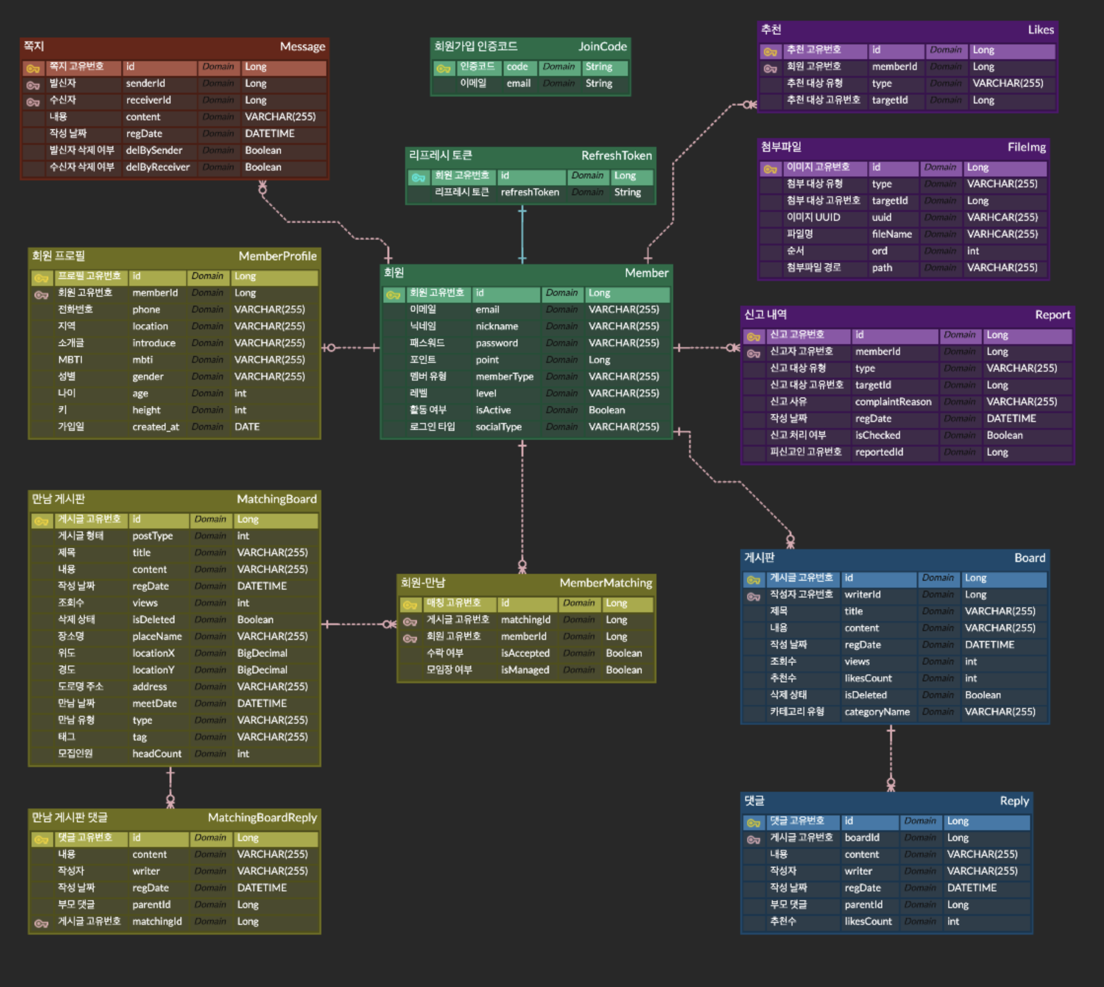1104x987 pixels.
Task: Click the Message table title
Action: click(x=302, y=47)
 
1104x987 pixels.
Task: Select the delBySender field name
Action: click(x=154, y=150)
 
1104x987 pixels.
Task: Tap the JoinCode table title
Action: click(x=602, y=47)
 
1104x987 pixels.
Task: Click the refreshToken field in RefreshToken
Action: click(x=530, y=192)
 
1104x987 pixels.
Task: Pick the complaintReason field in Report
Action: click(x=893, y=402)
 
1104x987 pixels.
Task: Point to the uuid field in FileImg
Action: click(x=882, y=217)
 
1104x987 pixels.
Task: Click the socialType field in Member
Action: click(x=498, y=427)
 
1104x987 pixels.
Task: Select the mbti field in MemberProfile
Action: click(x=142, y=359)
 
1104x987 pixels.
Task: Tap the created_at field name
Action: click(x=156, y=427)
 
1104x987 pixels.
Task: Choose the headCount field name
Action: click(x=157, y=754)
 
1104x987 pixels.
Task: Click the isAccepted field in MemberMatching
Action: click(x=525, y=653)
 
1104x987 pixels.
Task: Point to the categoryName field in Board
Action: click(x=877, y=711)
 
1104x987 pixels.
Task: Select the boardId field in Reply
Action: click(x=862, y=838)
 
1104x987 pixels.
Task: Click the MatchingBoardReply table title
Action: click(x=262, y=817)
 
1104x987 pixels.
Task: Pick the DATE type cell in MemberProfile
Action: click(x=247, y=427)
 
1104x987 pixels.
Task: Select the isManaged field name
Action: click(x=525, y=670)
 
